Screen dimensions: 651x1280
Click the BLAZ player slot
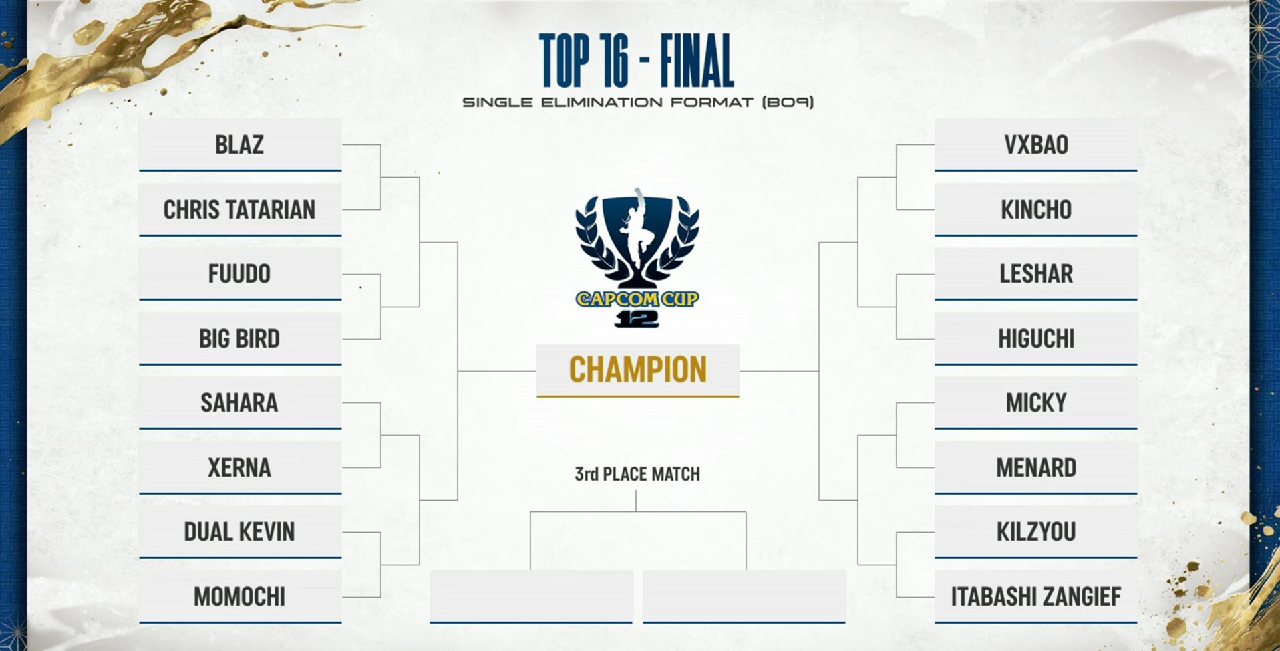tap(239, 145)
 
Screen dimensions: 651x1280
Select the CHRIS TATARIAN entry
tap(239, 210)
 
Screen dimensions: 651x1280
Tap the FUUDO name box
tap(239, 274)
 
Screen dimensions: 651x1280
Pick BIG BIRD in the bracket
tap(239, 339)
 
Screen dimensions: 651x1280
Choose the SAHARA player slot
tap(239, 403)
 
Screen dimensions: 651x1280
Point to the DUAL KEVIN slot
tap(239, 532)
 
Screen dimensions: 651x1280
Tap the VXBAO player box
tap(1035, 145)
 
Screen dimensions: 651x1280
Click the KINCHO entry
tap(1035, 210)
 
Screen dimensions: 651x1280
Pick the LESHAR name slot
tap(1035, 274)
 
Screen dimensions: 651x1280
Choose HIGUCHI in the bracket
tap(1035, 339)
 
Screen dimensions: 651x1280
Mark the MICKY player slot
tap(1035, 403)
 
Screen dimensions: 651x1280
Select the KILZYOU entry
tap(1035, 532)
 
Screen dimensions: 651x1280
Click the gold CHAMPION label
tap(637, 370)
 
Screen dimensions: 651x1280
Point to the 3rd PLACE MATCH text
tap(637, 475)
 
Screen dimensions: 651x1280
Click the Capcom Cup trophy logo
tap(637, 257)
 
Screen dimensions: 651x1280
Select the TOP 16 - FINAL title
tap(637, 61)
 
